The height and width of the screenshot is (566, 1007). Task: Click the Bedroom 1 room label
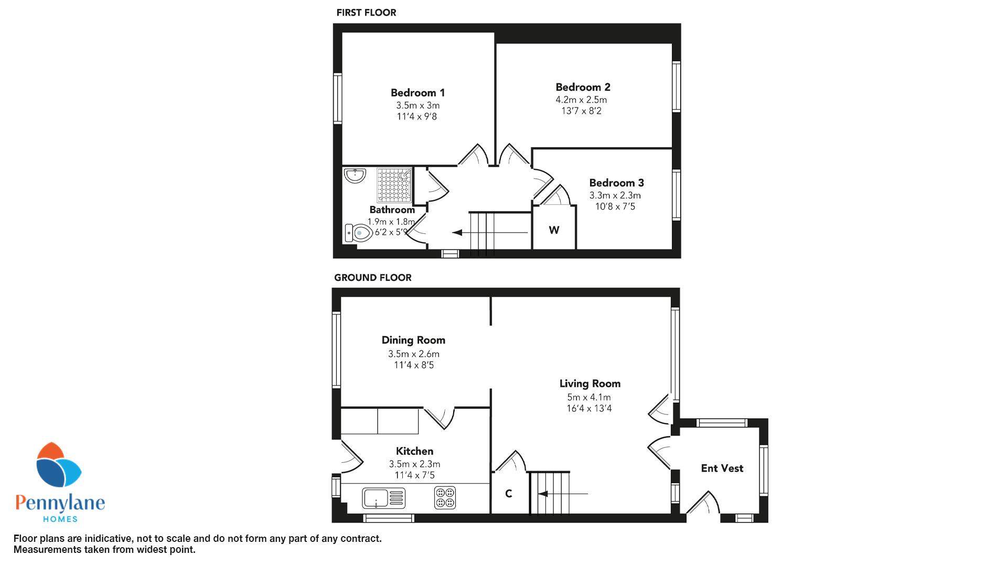pyautogui.click(x=417, y=93)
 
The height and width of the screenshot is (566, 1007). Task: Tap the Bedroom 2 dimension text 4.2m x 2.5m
pyautogui.click(x=581, y=100)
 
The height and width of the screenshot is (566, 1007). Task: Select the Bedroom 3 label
pyautogui.click(x=616, y=183)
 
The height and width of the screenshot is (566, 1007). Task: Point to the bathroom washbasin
pyautogui.click(x=356, y=176)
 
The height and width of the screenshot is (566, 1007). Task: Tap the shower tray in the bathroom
pyautogui.click(x=394, y=185)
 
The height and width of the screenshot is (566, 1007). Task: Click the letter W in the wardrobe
pyautogui.click(x=554, y=230)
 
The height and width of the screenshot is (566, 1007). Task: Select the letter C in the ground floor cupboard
pyautogui.click(x=508, y=494)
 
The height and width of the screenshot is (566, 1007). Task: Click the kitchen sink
pyautogui.click(x=383, y=498)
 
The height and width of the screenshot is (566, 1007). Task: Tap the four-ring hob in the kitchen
pyautogui.click(x=445, y=498)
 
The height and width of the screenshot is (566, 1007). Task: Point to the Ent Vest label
pyautogui.click(x=722, y=469)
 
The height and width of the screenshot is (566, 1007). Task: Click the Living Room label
pyautogui.click(x=590, y=384)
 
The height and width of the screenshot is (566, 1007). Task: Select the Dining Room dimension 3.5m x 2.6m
pyautogui.click(x=414, y=354)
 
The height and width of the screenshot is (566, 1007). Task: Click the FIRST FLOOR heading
pyautogui.click(x=366, y=13)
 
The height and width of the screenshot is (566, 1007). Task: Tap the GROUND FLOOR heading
pyautogui.click(x=373, y=278)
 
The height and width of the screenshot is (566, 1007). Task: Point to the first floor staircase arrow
pyautogui.click(x=490, y=232)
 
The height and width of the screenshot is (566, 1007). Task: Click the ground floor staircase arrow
pyautogui.click(x=563, y=494)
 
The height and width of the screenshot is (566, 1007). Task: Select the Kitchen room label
pyautogui.click(x=414, y=451)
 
